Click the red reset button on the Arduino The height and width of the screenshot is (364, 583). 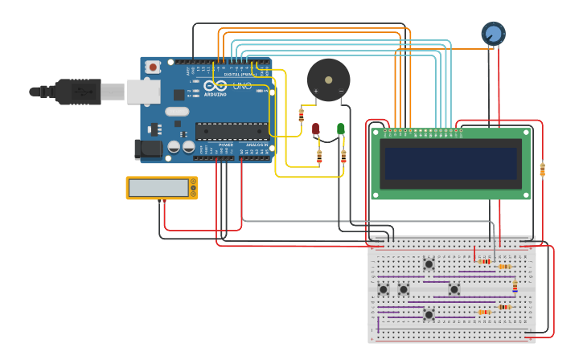pyautogui.click(x=152, y=67)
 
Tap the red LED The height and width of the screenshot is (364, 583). pyautogui.click(x=316, y=129)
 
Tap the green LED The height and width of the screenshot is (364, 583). pyautogui.click(x=341, y=129)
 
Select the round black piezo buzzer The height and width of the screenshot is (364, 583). pyautogui.click(x=328, y=80)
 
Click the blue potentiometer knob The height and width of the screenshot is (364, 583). pyautogui.click(x=493, y=34)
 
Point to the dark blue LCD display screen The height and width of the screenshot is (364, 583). pyautogui.click(x=450, y=163)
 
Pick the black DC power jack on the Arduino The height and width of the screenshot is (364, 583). pyautogui.click(x=146, y=148)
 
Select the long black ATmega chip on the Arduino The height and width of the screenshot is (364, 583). pyautogui.click(x=231, y=131)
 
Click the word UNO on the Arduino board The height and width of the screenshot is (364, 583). pyautogui.click(x=242, y=86)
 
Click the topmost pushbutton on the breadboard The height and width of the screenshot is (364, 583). pyautogui.click(x=429, y=264)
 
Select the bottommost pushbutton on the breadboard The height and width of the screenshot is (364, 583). pyautogui.click(x=429, y=314)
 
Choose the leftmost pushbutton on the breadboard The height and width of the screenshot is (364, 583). pyautogui.click(x=384, y=289)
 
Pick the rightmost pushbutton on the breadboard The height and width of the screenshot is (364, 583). pyautogui.click(x=454, y=289)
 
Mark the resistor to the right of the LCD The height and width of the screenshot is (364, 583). pyautogui.click(x=542, y=170)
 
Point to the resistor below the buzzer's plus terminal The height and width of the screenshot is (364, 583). pyautogui.click(x=302, y=115)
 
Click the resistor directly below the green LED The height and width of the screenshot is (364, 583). pyautogui.click(x=343, y=156)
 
